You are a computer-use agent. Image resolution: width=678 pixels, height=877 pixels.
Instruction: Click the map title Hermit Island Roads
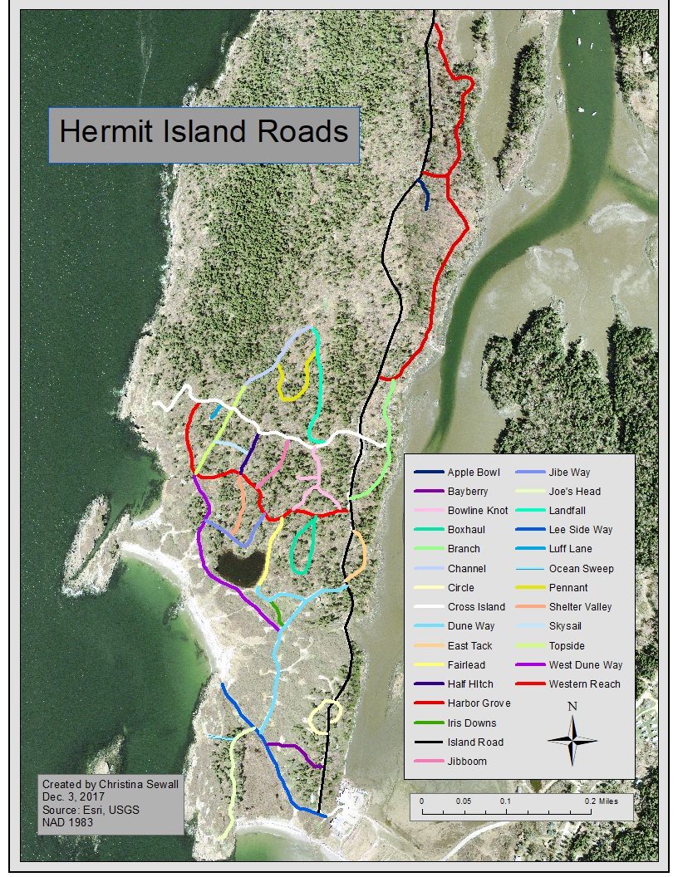click(204, 132)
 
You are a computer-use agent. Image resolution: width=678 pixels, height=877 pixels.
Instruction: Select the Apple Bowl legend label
click(474, 473)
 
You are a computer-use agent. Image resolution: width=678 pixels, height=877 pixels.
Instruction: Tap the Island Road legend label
click(474, 742)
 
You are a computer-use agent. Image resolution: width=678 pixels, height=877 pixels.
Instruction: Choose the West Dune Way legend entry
click(585, 665)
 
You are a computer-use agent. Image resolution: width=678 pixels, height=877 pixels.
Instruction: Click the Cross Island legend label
click(475, 607)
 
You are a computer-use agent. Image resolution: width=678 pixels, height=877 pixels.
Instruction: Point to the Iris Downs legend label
click(471, 723)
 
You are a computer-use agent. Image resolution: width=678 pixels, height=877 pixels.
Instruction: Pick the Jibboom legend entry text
click(467, 762)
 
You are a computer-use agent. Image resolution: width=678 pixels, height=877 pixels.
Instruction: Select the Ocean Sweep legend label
click(581, 569)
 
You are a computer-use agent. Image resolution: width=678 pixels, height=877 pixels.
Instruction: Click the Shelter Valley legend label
click(580, 607)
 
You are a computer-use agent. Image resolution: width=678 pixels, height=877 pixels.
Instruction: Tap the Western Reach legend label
click(584, 684)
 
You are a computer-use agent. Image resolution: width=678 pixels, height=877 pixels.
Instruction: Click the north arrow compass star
click(572, 739)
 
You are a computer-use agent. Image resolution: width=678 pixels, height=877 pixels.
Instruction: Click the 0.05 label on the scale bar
click(464, 801)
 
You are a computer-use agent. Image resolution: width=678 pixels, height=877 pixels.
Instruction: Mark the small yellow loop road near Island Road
click(325, 717)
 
